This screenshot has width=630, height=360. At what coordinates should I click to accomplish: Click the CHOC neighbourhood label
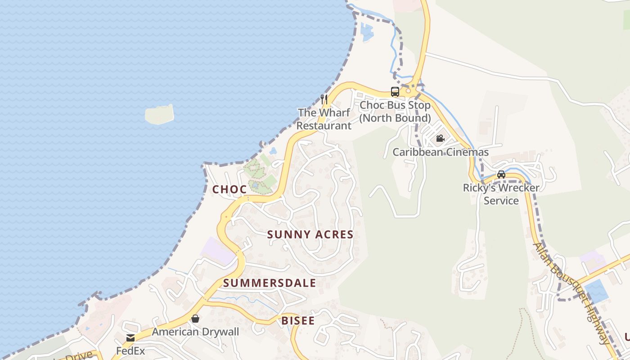pos(229,189)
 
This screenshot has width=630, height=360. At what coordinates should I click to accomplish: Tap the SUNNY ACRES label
pos(310,234)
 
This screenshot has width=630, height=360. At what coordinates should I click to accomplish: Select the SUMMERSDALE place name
pos(270,283)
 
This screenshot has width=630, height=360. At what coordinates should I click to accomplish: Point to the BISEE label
pos(298,321)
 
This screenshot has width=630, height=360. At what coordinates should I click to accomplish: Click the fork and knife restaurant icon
pos(324,99)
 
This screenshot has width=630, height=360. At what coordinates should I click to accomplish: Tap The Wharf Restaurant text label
pos(324,119)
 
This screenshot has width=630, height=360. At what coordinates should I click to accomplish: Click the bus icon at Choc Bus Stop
pos(395,92)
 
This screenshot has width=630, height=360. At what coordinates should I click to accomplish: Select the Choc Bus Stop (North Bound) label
pos(395,112)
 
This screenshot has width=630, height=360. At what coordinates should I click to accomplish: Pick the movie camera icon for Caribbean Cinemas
pos(440,139)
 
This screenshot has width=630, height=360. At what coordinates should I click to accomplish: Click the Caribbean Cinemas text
pos(441,152)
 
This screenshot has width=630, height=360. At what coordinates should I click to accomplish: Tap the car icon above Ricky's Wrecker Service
pos(501,174)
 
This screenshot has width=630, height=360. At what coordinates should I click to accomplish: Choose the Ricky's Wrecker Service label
pos(501,194)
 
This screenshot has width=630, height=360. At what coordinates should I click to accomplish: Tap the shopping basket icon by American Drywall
pos(195,319)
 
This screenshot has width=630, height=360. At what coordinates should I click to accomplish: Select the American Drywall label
pos(195,332)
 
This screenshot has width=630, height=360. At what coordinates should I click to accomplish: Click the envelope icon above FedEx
pos(130,338)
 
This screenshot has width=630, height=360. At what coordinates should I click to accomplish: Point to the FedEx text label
pos(130,350)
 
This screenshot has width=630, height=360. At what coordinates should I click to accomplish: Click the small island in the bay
pos(159,114)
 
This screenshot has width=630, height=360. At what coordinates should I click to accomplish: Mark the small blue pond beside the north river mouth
pos(367,32)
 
